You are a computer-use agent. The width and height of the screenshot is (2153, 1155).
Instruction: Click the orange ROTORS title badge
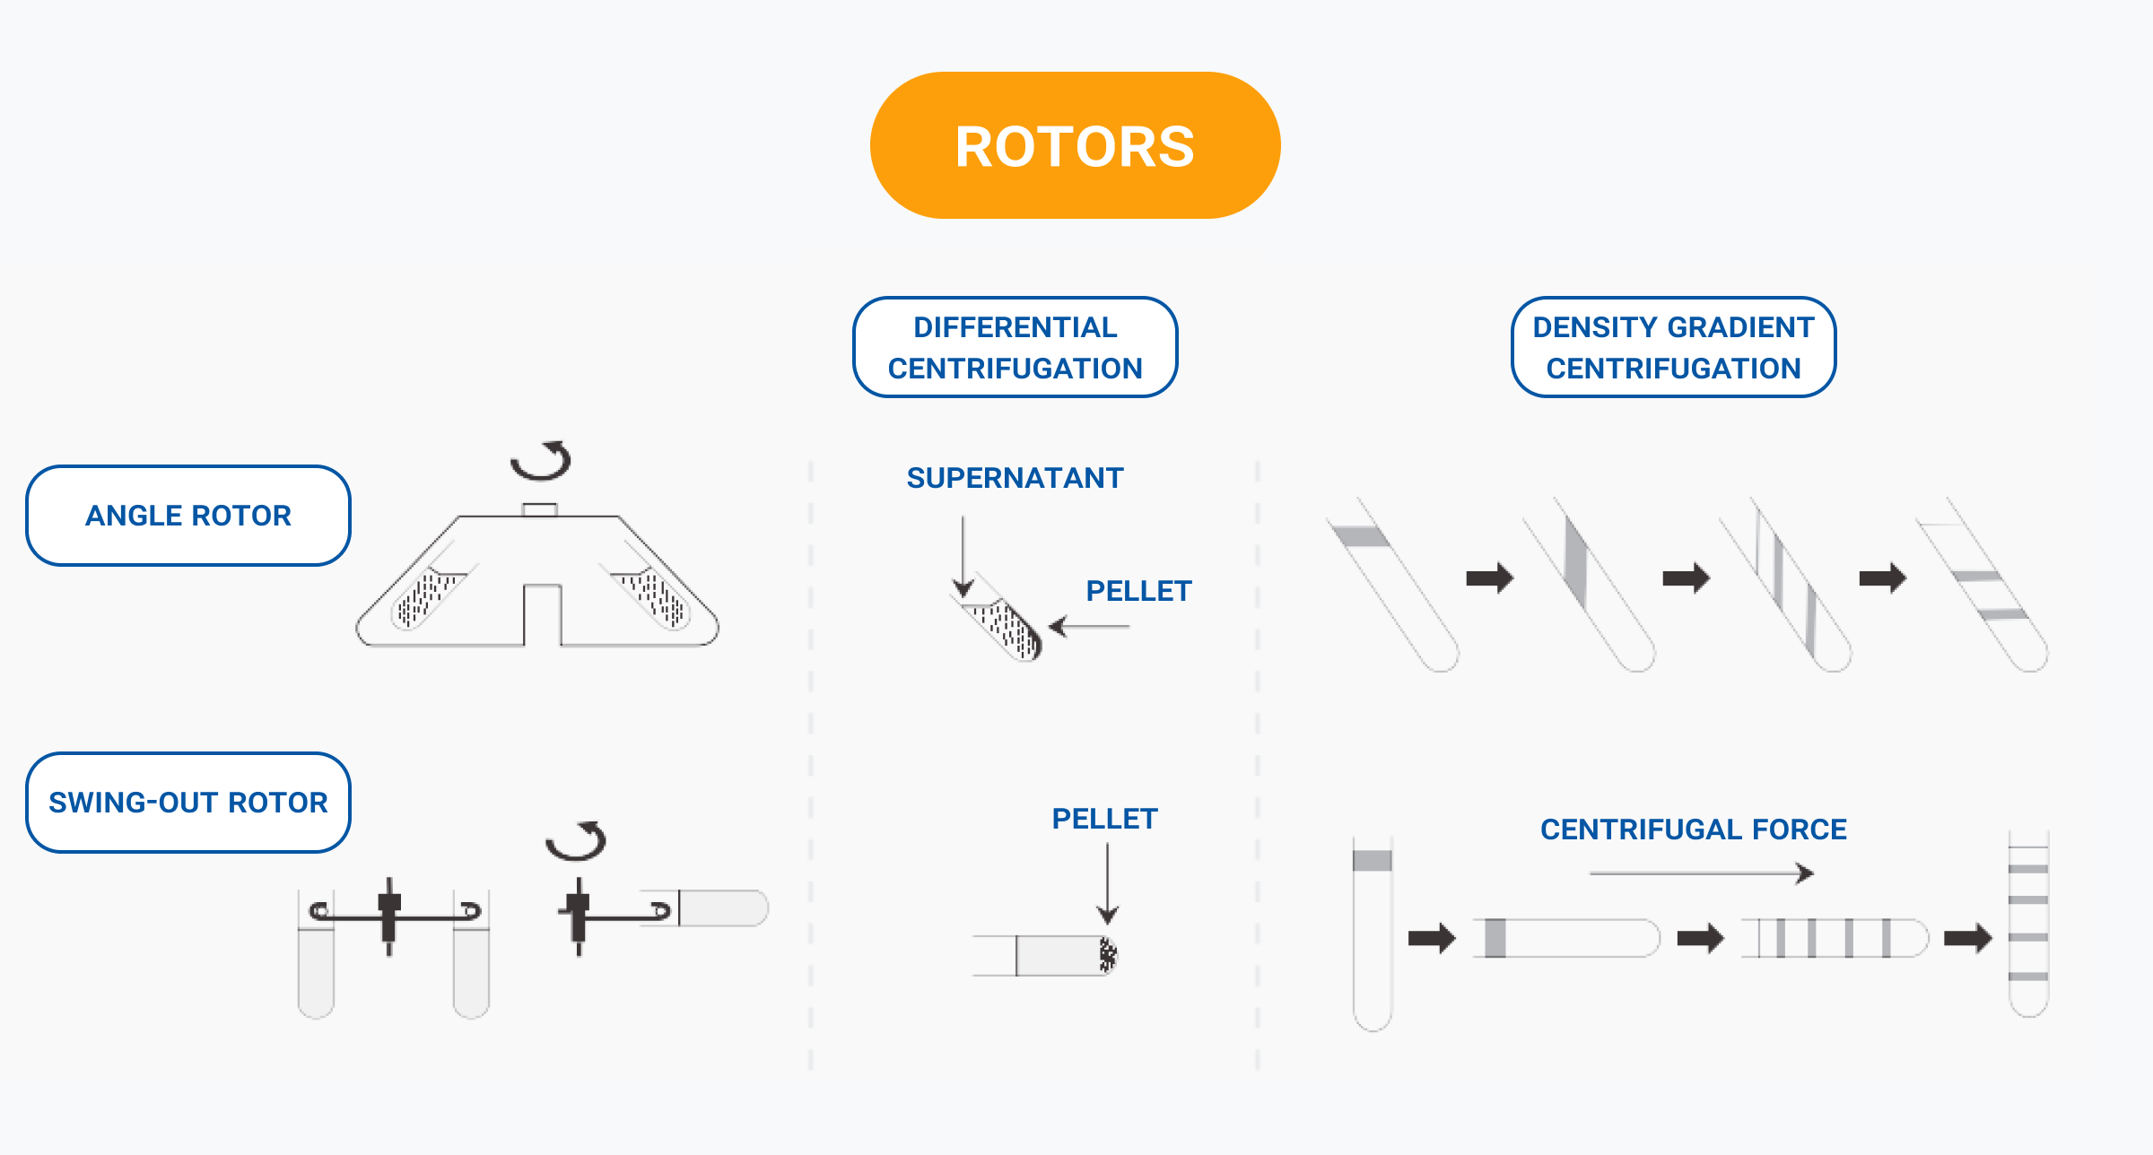tap(1075, 145)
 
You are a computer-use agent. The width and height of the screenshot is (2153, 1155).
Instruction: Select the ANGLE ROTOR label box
tap(188, 516)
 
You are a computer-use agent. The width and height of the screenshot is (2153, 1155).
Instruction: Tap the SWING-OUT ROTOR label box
tap(188, 803)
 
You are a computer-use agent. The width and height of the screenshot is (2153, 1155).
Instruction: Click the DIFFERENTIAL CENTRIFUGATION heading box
tap(1015, 347)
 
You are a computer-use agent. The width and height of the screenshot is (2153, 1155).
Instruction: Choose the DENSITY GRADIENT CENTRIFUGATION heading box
tap(1673, 347)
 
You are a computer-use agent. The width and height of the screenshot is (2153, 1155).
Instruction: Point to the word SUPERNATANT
tap(1015, 478)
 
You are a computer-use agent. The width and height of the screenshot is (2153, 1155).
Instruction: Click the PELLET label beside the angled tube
tap(1138, 591)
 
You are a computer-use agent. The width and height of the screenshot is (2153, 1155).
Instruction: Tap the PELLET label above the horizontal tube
tap(1104, 819)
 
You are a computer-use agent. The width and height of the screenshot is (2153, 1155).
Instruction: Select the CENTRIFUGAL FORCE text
tap(1693, 829)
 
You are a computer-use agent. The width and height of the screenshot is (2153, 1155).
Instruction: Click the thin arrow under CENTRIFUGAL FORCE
tap(1701, 873)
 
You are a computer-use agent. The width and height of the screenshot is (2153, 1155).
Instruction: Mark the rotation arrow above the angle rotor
tap(542, 461)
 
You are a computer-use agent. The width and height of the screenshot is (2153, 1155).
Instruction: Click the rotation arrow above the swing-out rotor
tap(577, 841)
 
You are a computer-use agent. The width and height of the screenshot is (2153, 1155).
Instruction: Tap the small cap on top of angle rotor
tap(539, 509)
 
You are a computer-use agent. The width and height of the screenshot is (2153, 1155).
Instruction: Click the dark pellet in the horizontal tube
tap(1109, 955)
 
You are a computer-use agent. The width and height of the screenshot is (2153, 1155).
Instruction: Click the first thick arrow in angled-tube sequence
tap(1489, 577)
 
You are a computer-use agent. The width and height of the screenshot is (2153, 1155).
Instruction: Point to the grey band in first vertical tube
tap(1372, 861)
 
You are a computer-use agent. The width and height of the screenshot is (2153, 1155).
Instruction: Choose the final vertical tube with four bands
tap(2027, 924)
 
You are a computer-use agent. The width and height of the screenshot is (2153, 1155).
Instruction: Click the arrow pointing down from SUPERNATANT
tap(963, 556)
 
